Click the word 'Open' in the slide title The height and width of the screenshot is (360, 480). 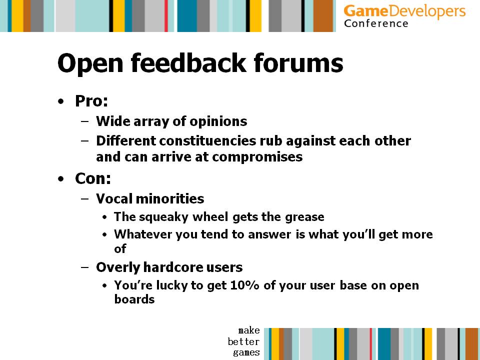pos(90,63)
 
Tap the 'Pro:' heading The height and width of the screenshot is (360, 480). pos(91,101)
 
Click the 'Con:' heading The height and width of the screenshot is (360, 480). pos(93,178)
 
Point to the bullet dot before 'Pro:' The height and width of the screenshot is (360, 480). pos(61,101)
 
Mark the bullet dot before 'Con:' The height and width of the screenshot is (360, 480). pos(61,179)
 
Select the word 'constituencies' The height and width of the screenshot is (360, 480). pos(207,141)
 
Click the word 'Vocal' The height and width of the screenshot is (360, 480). pos(114,198)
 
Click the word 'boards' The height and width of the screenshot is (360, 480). pos(134,299)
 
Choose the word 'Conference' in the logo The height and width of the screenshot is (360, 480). pos(376,23)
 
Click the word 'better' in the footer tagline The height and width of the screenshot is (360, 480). pos(243,341)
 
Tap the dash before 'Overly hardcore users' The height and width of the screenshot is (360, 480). pos(85,267)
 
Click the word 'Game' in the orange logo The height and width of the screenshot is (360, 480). pos(366,11)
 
